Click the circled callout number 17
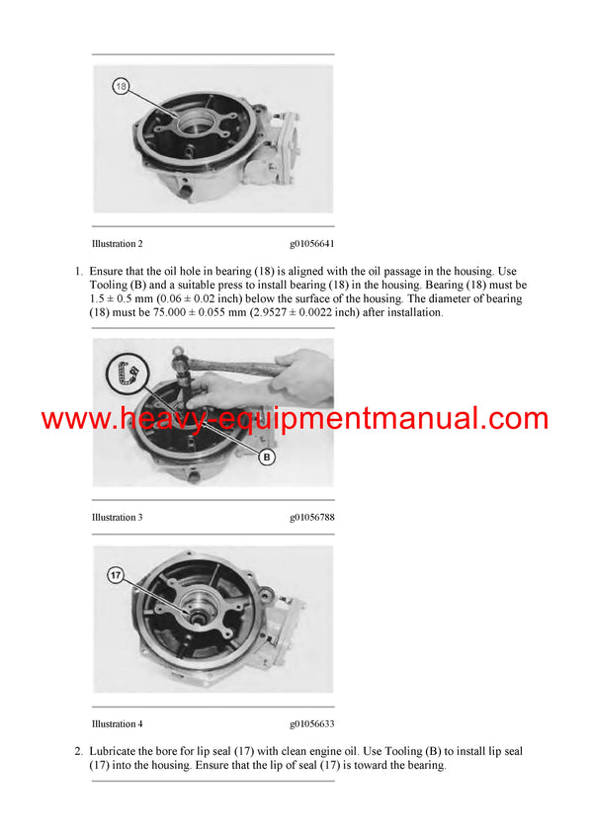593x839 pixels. point(116,574)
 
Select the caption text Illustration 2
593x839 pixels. point(117,243)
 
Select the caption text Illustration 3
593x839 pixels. point(117,517)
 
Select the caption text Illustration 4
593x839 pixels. point(117,724)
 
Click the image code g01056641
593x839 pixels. point(312,243)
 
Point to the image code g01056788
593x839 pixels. point(312,517)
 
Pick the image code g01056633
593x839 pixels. point(312,724)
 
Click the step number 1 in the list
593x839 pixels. point(78,272)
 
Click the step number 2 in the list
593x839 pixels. point(78,752)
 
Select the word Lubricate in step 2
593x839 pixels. point(113,752)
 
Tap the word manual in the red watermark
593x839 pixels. point(444,419)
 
